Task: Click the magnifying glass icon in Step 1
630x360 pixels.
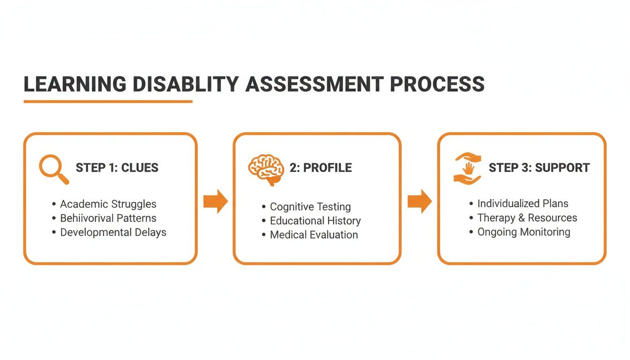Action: pyautogui.click(x=53, y=168)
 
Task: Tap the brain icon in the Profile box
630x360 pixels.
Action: pyautogui.click(x=265, y=168)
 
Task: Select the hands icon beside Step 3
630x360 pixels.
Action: pyautogui.click(x=467, y=167)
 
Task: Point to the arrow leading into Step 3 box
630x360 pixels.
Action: pyautogui.click(x=419, y=202)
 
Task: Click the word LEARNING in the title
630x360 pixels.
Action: pyautogui.click(x=75, y=84)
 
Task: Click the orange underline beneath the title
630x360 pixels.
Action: pyautogui.click(x=108, y=101)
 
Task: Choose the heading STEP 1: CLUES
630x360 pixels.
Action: pyautogui.click(x=117, y=168)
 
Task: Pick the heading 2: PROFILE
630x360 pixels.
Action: pyautogui.click(x=321, y=168)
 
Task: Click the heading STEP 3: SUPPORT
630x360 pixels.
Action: pyautogui.click(x=539, y=168)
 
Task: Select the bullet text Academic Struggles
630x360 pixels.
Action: pyautogui.click(x=108, y=204)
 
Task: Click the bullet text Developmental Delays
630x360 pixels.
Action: pyautogui.click(x=113, y=232)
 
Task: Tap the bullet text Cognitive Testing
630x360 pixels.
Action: pyautogui.click(x=310, y=207)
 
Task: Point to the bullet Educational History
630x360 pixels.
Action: pyautogui.click(x=315, y=221)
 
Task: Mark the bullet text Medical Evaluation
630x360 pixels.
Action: pyautogui.click(x=314, y=235)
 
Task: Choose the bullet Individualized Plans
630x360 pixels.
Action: pyautogui.click(x=523, y=203)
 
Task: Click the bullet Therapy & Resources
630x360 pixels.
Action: pyautogui.click(x=527, y=218)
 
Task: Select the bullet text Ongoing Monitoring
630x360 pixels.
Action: pyautogui.click(x=524, y=232)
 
